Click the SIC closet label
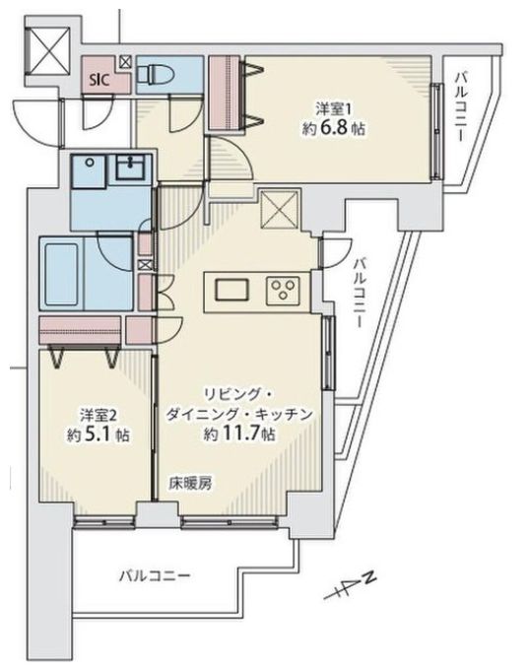[x=99, y=78]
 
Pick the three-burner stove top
[x=287, y=290]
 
